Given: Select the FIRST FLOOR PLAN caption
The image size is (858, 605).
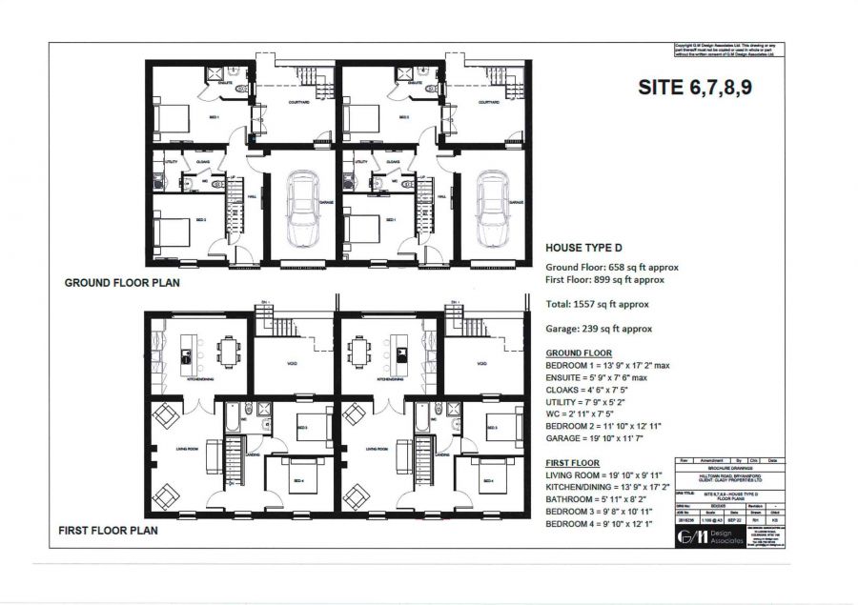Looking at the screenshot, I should point(108,530).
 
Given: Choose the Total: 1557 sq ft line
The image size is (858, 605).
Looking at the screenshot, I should point(596,304).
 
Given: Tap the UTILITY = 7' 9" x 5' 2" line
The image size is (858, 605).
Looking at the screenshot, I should point(601,402).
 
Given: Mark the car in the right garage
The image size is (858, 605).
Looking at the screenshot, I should point(493,210).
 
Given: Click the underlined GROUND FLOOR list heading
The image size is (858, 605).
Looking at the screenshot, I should point(581,353).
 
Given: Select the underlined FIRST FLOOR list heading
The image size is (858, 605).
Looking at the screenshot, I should point(575,462).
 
